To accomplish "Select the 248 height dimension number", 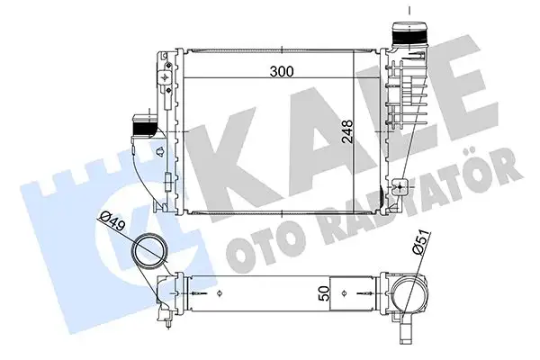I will click(347, 136).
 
